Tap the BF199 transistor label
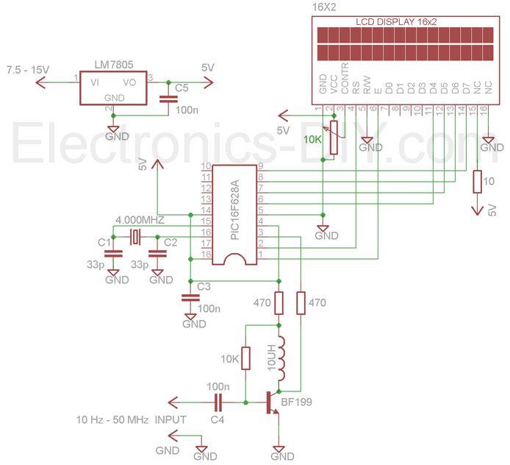(296, 403)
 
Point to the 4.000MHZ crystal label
(140, 220)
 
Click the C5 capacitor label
(182, 89)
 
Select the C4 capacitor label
(216, 419)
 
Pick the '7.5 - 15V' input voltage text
(28, 69)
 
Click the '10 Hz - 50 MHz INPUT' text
(132, 419)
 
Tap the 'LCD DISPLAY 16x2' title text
(396, 22)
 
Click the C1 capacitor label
(104, 241)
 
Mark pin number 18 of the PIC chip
(206, 254)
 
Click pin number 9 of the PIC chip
(261, 166)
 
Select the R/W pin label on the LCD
(366, 86)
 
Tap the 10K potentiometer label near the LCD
(312, 139)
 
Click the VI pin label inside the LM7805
(94, 82)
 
